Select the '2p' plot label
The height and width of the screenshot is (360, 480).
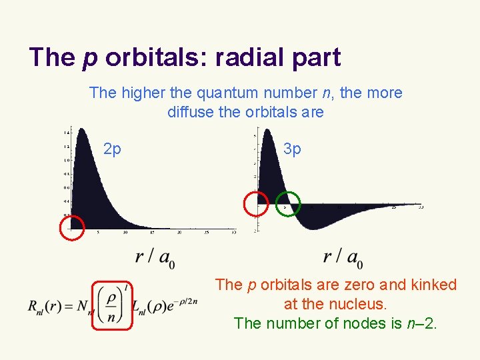click(x=113, y=149)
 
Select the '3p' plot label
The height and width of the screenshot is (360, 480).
click(x=292, y=149)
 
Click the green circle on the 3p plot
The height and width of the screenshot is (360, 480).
click(x=288, y=203)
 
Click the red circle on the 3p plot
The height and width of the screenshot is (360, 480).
click(x=255, y=203)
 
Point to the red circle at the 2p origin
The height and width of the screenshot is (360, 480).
click(x=72, y=227)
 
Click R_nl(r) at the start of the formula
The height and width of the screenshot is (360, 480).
click(x=45, y=306)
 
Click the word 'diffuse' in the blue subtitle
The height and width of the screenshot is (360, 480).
click(x=191, y=112)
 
